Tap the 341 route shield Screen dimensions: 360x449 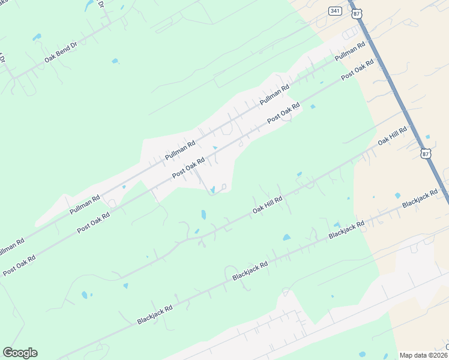tap(335, 11)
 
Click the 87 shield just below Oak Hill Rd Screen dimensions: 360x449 tap(426, 153)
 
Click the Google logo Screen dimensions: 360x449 tap(20, 353)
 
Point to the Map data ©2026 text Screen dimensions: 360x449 tap(423, 355)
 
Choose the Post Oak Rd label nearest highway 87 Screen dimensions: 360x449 tap(354, 71)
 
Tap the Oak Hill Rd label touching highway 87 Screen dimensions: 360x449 tap(393, 136)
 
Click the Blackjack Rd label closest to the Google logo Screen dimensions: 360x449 tap(155, 314)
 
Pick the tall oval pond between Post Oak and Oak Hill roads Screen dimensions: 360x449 tap(203, 214)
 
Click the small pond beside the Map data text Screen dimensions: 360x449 tap(361, 355)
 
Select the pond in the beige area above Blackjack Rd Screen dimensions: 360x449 tap(397, 196)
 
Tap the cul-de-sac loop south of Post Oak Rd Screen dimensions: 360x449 tap(223, 187)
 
